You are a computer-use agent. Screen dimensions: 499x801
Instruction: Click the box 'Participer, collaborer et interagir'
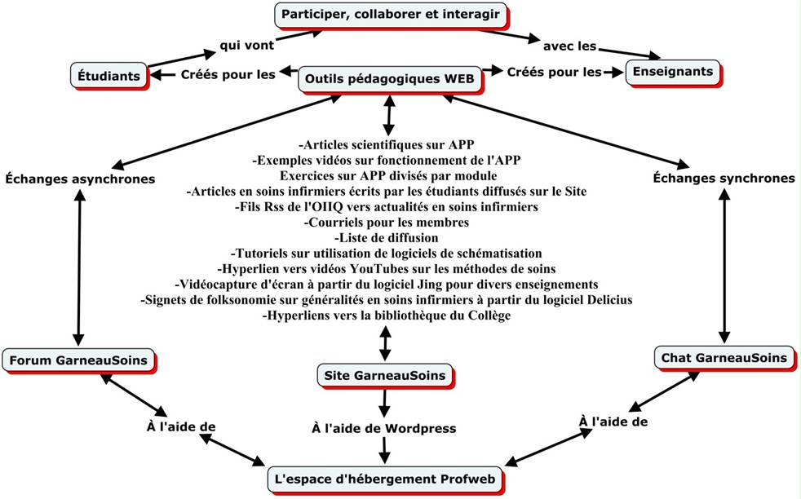pyautogui.click(x=390, y=14)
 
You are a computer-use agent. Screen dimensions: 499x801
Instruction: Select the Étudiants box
pyautogui.click(x=108, y=76)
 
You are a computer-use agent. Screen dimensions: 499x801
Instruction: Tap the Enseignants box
pyautogui.click(x=673, y=72)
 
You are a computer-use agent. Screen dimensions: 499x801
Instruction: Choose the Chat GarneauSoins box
pyautogui.click(x=723, y=357)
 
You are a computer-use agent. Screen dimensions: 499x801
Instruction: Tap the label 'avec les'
pyautogui.click(x=569, y=46)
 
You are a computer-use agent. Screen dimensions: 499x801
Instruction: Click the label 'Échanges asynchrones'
pyautogui.click(x=81, y=178)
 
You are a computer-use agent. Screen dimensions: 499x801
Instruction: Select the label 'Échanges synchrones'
pyautogui.click(x=725, y=178)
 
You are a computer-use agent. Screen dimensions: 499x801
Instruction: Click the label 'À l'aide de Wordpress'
pyautogui.click(x=384, y=427)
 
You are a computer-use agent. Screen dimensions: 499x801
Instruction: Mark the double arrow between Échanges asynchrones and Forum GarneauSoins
pyautogui.click(x=79, y=265)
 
